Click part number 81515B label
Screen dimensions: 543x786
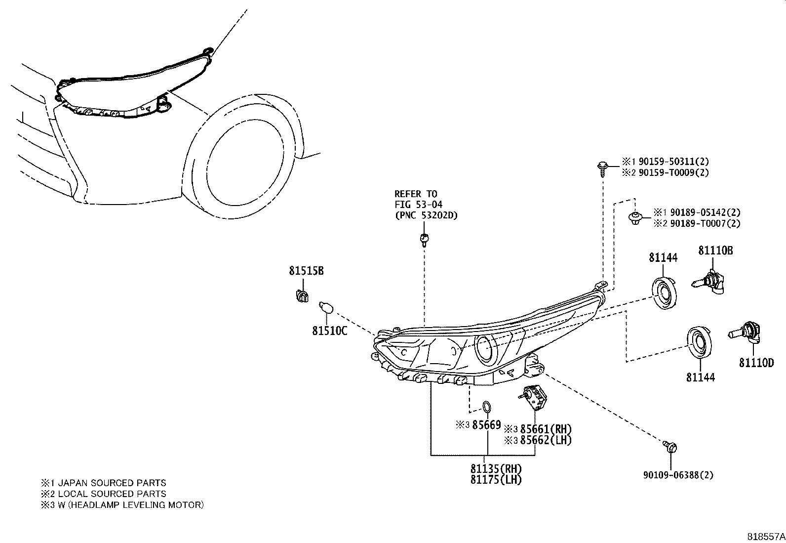point(306,271)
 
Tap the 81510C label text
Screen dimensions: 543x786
point(329,331)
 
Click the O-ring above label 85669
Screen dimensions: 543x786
point(486,407)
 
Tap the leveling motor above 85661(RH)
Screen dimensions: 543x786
point(533,397)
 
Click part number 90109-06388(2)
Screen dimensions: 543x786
point(678,475)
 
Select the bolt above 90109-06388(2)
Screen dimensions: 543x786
point(669,447)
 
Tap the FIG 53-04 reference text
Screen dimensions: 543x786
point(419,205)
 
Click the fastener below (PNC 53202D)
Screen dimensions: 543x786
point(423,240)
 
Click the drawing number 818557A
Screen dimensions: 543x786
point(765,536)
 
